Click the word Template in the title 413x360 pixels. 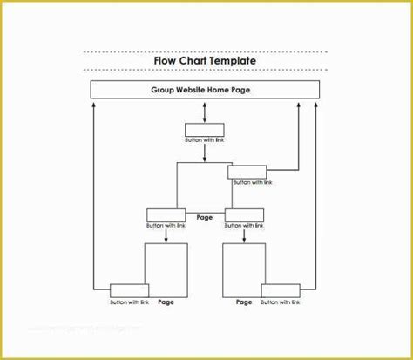[232, 61]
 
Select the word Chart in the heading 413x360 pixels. [193, 61]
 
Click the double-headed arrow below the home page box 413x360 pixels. [205, 112]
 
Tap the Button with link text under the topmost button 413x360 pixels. [205, 139]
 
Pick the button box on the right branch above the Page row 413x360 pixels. [247, 173]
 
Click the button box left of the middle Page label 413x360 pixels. [165, 214]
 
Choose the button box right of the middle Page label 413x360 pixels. [243, 214]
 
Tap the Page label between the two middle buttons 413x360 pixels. [204, 218]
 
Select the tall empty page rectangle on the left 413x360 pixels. [166, 269]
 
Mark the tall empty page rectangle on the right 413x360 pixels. [244, 269]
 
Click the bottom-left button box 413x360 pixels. [128, 290]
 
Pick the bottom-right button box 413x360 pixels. [280, 290]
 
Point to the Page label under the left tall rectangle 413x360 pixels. [166, 302]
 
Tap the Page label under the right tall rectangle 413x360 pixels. [244, 302]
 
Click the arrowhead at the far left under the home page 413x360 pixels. [92, 104]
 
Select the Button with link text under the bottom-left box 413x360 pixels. [129, 302]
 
